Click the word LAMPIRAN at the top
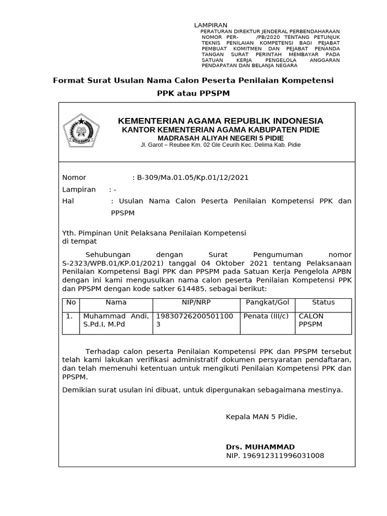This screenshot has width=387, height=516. pos(211,26)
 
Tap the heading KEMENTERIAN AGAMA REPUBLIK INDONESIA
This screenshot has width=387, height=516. pos(220,121)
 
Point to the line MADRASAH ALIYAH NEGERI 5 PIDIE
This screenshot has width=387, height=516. pos(220,138)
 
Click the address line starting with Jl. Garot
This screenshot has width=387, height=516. pos(220,146)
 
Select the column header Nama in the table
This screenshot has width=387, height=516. pos(116,302)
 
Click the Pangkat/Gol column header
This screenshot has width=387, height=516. pos(267,302)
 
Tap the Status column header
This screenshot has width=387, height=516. pos(323,302)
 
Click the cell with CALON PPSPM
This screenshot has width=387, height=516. pos(311,320)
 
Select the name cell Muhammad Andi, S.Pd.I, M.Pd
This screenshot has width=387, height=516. pos(115,320)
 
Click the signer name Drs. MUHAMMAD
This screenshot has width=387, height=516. pos(260,447)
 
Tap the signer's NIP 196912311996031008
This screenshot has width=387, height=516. pos(275,456)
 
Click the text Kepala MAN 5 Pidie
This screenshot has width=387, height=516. pos(262,417)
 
